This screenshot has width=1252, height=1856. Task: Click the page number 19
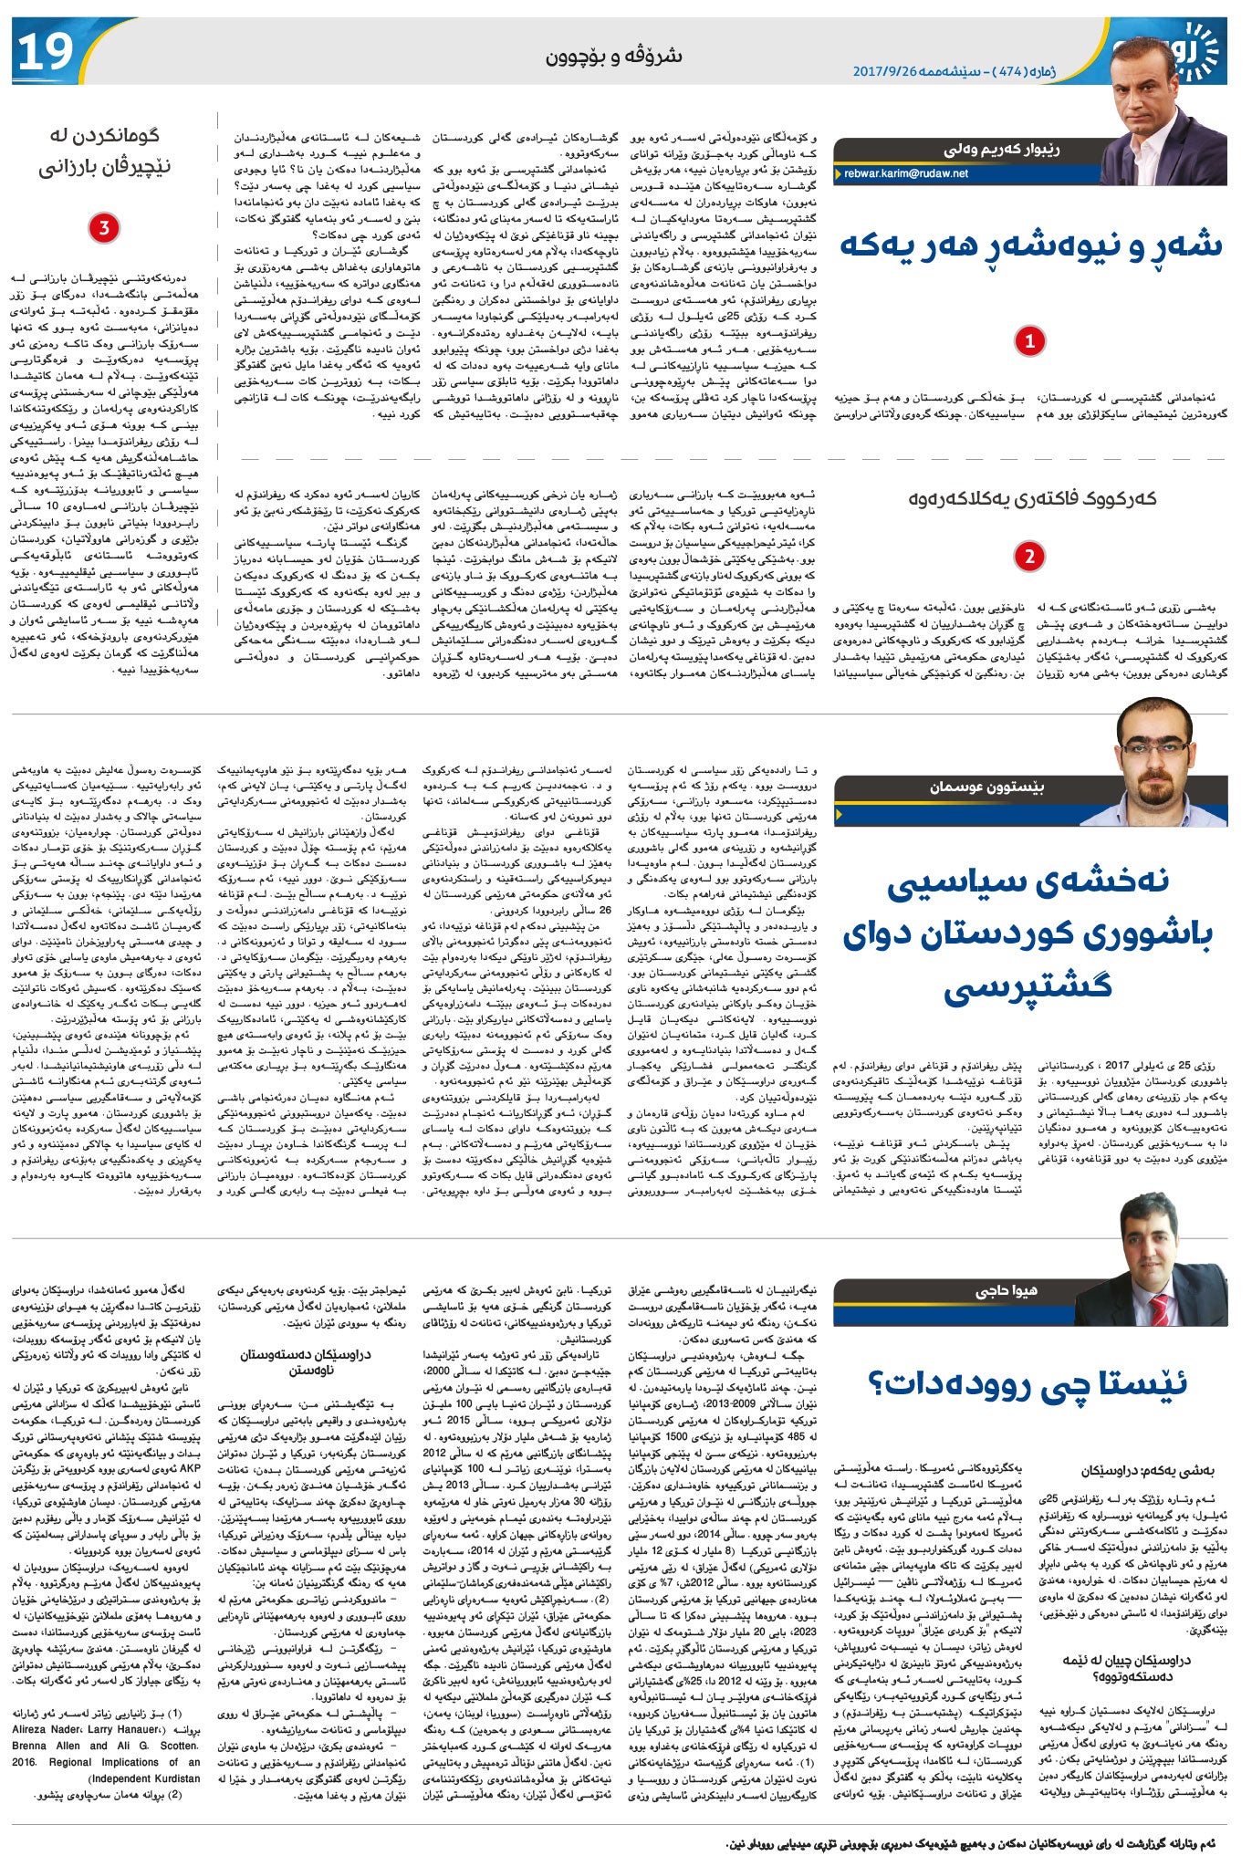point(44,52)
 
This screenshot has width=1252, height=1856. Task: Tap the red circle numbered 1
point(1029,341)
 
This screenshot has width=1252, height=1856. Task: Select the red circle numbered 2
point(1029,556)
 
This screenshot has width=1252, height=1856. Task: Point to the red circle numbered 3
point(104,227)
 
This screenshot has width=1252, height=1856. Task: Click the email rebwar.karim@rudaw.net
point(906,173)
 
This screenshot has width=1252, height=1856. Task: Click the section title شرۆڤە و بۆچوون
point(613,57)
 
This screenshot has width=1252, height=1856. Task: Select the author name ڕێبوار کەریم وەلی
point(1001,151)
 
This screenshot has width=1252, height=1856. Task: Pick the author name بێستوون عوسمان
point(986,787)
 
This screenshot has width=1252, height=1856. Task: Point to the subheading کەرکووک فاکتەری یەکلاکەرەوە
point(1031,498)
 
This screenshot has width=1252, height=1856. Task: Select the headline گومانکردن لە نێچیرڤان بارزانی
point(104,151)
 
